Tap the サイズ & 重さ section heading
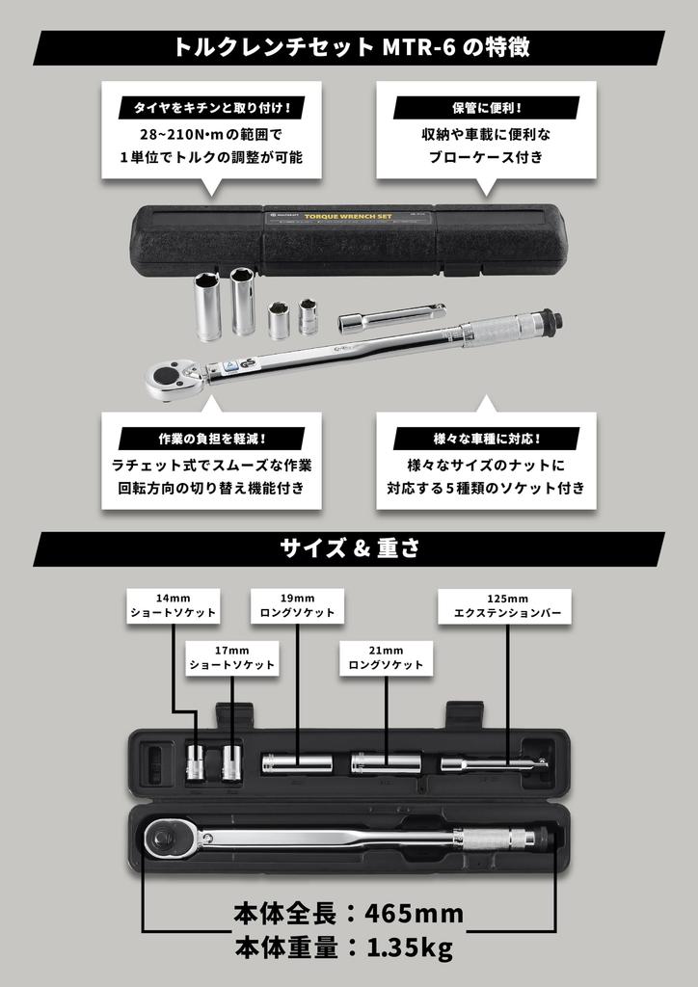(x=349, y=548)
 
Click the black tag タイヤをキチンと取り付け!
(x=211, y=107)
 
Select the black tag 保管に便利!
(x=486, y=107)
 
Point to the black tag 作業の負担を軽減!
(x=211, y=439)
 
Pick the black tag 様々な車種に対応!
(x=486, y=439)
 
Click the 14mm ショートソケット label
(x=174, y=605)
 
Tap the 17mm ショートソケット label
(x=230, y=657)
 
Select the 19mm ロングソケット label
(x=297, y=605)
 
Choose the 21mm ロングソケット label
(x=386, y=657)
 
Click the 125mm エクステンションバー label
(x=505, y=605)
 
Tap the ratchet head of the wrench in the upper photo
(x=174, y=379)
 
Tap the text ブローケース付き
(x=486, y=157)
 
